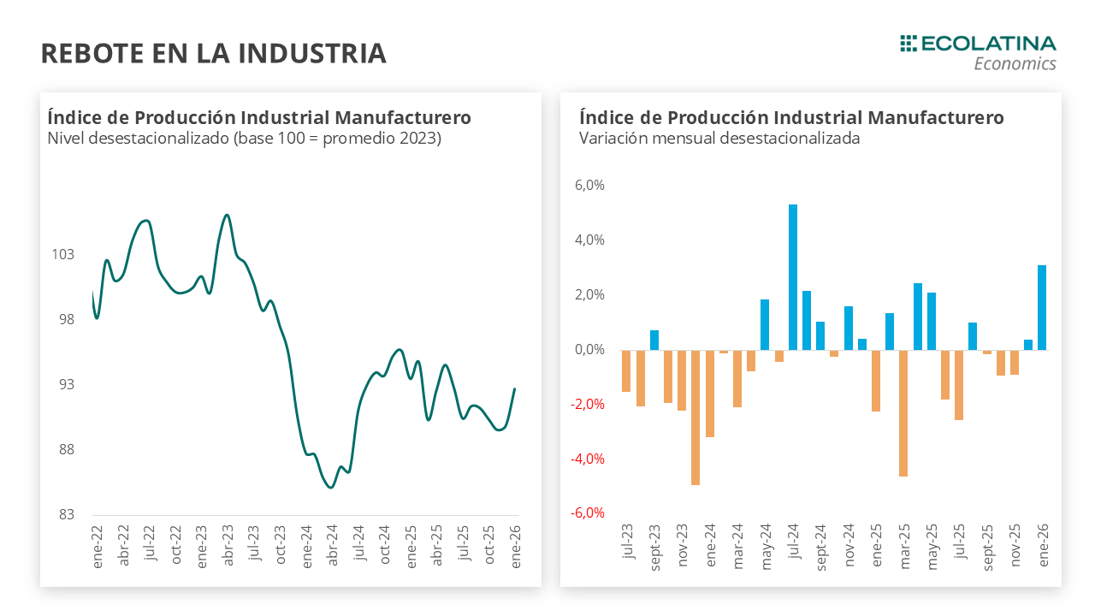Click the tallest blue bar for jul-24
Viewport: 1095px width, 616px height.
click(793, 277)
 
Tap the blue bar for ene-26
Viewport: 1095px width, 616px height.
click(1042, 307)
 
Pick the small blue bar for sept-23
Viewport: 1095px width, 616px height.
click(654, 340)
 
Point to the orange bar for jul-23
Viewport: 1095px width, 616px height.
click(626, 370)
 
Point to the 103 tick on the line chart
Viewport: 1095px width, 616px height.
click(63, 255)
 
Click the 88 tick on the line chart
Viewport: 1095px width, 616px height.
click(66, 450)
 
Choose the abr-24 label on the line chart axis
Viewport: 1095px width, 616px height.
click(333, 541)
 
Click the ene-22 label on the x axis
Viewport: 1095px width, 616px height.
click(97, 541)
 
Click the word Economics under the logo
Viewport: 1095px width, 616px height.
click(1015, 64)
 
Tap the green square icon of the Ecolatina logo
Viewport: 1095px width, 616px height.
click(908, 43)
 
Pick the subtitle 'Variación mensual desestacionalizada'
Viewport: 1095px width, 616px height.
click(719, 138)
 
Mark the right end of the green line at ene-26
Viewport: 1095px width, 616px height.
click(515, 389)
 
